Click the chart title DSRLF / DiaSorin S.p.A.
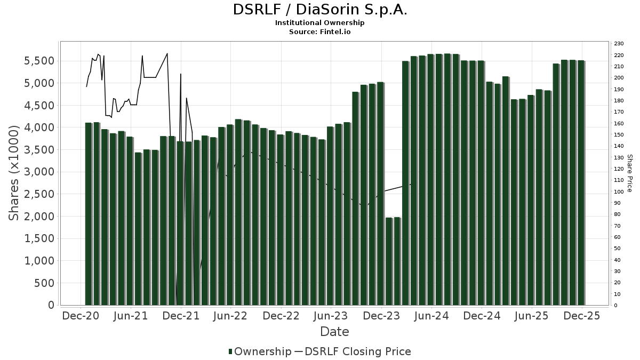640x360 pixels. tap(320, 10)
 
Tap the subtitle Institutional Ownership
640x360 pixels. tap(320, 23)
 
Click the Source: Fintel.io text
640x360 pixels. tap(320, 32)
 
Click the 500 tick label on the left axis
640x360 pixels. tap(45, 283)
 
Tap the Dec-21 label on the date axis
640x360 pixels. tap(181, 316)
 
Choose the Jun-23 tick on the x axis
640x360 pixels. tap(331, 316)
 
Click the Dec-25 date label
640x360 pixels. tap(582, 316)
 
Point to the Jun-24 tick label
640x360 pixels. tap(431, 316)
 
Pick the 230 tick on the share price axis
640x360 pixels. tap(619, 44)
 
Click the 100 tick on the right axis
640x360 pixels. tap(619, 192)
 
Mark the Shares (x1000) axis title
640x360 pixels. tap(14, 173)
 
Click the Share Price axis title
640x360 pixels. tap(629, 173)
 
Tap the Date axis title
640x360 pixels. tap(334, 332)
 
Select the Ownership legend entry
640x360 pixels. tap(259, 351)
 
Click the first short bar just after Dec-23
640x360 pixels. tap(389, 261)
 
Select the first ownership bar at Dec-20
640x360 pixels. tap(89, 213)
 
